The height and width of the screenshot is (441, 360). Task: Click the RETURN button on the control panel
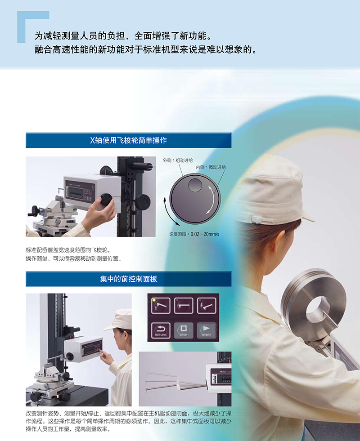pyautogui.click(x=161, y=330)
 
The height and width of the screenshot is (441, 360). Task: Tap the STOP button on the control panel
pyautogui.click(x=184, y=330)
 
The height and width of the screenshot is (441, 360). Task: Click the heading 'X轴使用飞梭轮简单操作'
pyautogui.click(x=128, y=140)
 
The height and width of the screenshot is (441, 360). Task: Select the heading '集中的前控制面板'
pyautogui.click(x=128, y=279)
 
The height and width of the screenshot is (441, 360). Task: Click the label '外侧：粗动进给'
pyautogui.click(x=178, y=160)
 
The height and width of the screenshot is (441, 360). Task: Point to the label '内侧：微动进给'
pyautogui.click(x=211, y=167)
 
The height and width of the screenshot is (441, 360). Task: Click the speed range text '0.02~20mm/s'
pyautogui.click(x=205, y=234)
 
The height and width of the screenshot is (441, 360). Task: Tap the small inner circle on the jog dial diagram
pyautogui.click(x=195, y=185)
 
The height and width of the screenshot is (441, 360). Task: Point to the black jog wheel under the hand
pyautogui.click(x=106, y=200)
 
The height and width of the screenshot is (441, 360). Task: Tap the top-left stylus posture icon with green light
pyautogui.click(x=161, y=305)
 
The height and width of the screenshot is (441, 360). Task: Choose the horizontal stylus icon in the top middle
pyautogui.click(x=184, y=305)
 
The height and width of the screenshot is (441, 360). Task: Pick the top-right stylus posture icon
pyautogui.click(x=207, y=305)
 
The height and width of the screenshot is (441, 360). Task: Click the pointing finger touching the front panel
pyautogui.click(x=102, y=352)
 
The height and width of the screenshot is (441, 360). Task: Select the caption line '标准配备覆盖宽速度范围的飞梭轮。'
pyautogui.click(x=68, y=250)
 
